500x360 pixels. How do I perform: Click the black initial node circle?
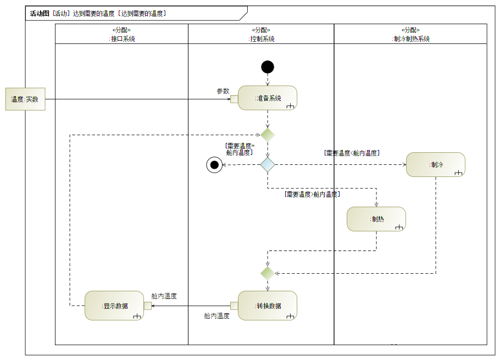point(268,67)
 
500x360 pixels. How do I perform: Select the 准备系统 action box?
point(268,98)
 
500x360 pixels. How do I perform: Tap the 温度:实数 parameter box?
point(25,99)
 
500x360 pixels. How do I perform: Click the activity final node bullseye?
point(214,165)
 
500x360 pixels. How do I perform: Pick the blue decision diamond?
point(268,165)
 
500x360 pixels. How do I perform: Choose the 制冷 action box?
point(436,164)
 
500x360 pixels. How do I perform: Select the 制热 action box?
point(376,219)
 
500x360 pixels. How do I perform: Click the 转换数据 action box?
point(268,306)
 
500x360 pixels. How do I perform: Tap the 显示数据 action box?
point(114,306)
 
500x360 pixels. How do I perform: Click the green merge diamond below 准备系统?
point(268,135)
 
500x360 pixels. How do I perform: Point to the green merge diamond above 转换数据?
point(268,273)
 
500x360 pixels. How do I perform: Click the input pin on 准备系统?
point(234,99)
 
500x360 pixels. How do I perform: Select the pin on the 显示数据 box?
point(148,306)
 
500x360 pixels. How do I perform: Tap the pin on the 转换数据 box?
point(234,306)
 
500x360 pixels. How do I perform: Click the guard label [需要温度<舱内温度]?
point(352,153)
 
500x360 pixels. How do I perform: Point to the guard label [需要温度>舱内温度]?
point(312,194)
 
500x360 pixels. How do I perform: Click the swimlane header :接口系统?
point(121,39)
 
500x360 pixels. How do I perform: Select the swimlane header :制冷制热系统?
point(411,39)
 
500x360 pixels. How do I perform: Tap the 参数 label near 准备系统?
point(223,91)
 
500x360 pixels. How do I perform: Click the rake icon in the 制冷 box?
point(458,173)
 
